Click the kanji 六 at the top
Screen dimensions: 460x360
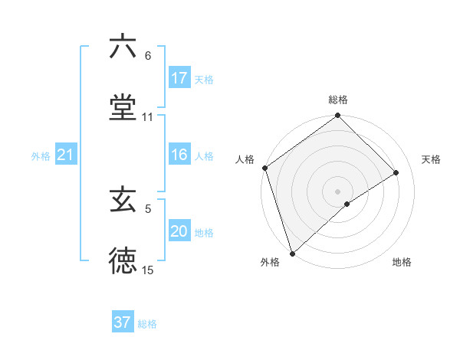click(x=123, y=47)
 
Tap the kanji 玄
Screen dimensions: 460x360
click(x=123, y=201)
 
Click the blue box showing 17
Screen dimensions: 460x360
click(x=179, y=78)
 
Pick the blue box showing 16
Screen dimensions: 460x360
click(x=179, y=155)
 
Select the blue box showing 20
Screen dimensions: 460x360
click(x=179, y=232)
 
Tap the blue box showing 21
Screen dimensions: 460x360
click(x=66, y=155)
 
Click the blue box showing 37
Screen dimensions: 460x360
click(x=123, y=322)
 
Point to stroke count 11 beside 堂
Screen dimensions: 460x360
click(x=148, y=117)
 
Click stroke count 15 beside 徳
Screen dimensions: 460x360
click(x=148, y=270)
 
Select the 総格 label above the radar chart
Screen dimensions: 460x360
click(x=338, y=100)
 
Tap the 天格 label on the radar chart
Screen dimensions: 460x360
click(x=432, y=159)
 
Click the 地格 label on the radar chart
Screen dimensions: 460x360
click(x=402, y=263)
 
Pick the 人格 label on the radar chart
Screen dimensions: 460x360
click(x=245, y=159)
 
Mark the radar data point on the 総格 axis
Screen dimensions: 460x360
click(x=338, y=116)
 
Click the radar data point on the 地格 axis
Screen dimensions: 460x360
click(x=347, y=204)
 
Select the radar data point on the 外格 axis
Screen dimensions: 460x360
click(x=292, y=253)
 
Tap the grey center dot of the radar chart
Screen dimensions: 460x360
click(x=338, y=191)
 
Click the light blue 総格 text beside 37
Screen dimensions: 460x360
click(x=147, y=324)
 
